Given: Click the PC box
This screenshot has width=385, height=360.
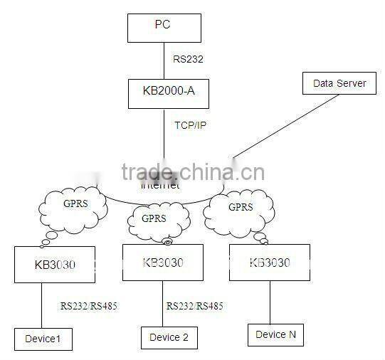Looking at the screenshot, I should point(164,26).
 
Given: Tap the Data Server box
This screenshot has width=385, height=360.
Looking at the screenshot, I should point(339,84).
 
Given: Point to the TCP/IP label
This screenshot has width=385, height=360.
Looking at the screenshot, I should point(191,125).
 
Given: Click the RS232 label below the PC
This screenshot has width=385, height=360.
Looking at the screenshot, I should point(188,59).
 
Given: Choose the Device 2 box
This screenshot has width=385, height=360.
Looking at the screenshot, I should point(169,337).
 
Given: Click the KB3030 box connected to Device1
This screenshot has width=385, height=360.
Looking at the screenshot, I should point(55,265).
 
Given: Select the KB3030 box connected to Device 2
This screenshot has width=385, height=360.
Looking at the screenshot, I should point(163,263).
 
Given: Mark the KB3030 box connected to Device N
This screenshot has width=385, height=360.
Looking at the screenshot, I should point(270,263).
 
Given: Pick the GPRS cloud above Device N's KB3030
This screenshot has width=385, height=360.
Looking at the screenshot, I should point(240,208).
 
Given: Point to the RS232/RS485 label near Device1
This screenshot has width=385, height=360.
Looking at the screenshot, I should point(89,307).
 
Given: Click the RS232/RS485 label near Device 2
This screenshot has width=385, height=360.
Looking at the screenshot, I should point(195,307).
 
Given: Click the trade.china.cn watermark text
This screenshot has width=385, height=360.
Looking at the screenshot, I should point(193,172).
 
